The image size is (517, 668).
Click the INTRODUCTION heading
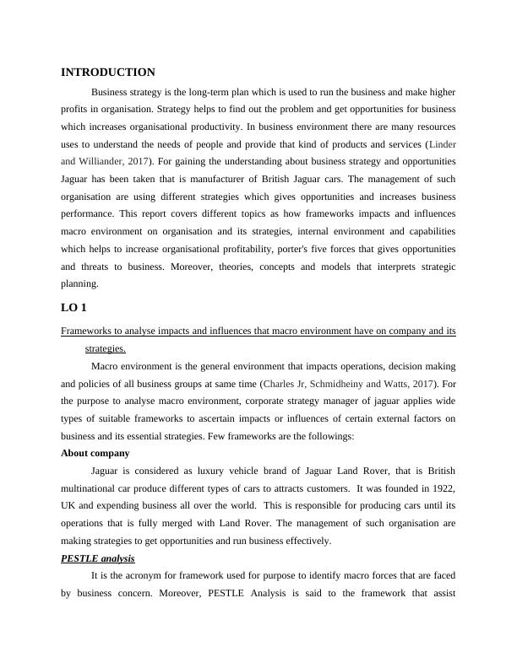tap(108, 73)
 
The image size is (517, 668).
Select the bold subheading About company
tap(95, 453)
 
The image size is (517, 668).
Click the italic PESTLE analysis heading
tap(98, 558)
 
